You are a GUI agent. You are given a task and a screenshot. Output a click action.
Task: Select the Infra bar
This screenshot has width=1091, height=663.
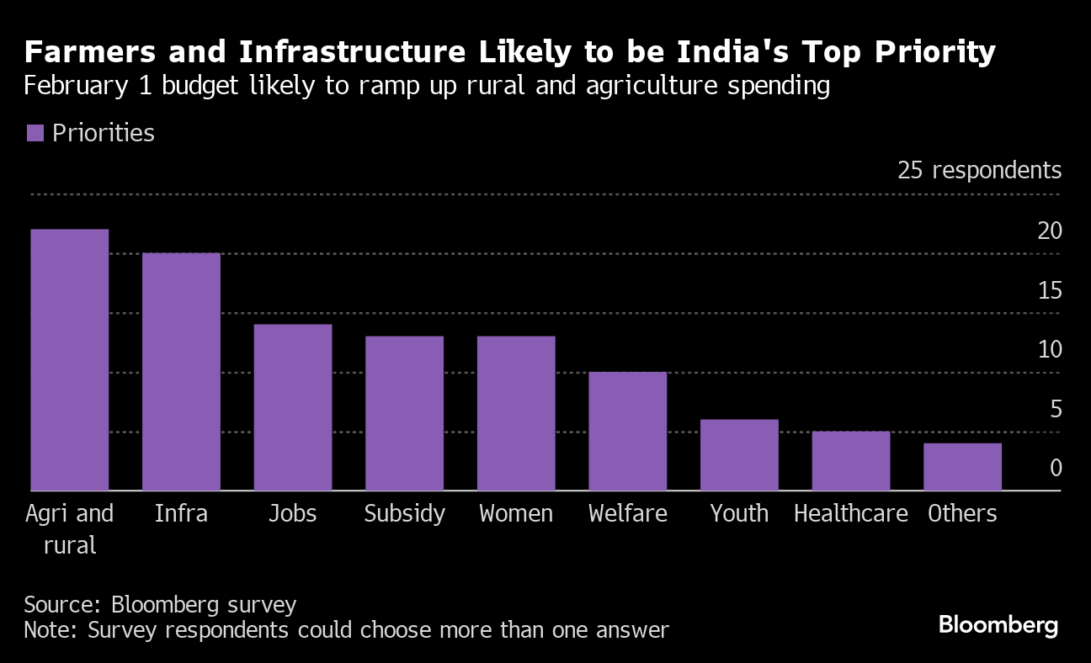[x=181, y=372]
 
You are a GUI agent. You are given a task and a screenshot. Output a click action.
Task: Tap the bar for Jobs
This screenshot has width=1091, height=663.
[x=293, y=407]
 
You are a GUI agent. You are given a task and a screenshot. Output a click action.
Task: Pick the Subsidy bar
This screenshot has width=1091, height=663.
[x=404, y=413]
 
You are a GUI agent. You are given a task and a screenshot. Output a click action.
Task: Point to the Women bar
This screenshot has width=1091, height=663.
[x=516, y=413]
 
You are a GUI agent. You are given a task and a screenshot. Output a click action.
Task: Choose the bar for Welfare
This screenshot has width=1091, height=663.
[x=627, y=431]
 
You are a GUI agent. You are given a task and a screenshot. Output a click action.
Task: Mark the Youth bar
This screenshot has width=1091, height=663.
[x=739, y=455]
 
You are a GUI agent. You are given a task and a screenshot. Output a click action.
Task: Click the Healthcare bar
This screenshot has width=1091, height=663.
[x=850, y=461]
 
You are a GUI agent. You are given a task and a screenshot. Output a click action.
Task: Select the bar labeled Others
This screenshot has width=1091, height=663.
[x=962, y=467]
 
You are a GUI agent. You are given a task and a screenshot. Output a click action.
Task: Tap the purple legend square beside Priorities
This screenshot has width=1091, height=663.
[x=35, y=133]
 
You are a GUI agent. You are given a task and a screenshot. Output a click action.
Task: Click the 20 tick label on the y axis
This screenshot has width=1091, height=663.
[x=1050, y=231]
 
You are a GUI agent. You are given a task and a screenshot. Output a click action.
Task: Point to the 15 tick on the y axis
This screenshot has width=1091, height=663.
[x=1050, y=290]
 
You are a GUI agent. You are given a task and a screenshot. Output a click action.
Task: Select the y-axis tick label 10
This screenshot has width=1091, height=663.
[x=1050, y=349]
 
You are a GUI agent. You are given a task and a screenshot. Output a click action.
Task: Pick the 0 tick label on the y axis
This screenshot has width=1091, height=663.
[x=1056, y=468]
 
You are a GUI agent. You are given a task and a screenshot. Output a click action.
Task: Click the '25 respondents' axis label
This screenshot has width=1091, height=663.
[x=979, y=170]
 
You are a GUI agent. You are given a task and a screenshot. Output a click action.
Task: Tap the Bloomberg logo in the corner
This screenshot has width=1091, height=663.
[x=998, y=625]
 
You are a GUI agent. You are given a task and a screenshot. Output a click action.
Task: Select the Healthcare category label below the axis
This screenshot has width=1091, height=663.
[x=850, y=513]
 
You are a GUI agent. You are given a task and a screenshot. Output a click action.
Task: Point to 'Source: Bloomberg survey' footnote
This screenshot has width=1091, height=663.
[x=160, y=604]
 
